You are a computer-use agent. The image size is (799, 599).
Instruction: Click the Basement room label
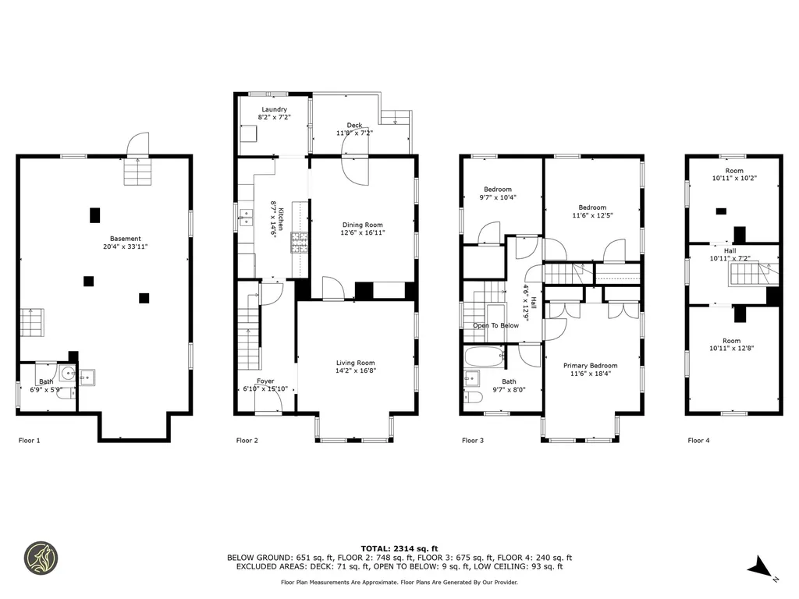coord(126,239)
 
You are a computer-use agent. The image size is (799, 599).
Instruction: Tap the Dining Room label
coord(362,225)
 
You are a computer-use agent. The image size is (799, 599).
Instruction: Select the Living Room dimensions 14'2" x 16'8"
coord(355,370)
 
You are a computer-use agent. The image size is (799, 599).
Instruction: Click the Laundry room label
coord(274,109)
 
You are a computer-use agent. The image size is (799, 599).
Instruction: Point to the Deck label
coord(355,125)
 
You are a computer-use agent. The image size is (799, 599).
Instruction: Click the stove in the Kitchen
coord(300,243)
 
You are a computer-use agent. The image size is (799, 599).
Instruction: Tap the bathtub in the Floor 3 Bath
coord(485,356)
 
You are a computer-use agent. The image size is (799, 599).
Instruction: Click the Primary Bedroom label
coord(590,366)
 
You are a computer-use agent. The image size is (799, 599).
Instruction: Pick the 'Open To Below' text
coord(495,325)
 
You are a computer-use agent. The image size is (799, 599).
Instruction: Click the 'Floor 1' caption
coord(29,441)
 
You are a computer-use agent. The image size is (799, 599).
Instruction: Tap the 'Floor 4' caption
coord(698,441)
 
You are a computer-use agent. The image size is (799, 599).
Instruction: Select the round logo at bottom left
coord(41,558)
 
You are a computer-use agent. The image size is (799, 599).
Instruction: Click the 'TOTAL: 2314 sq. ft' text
coord(399,548)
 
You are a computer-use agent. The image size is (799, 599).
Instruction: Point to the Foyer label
coord(265,381)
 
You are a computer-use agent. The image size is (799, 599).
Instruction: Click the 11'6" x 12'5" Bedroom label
coord(592,211)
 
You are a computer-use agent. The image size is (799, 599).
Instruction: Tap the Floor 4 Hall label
coord(730,251)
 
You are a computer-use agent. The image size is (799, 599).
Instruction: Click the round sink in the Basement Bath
coord(67,374)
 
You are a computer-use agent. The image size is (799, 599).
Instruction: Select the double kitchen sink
coord(247,218)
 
